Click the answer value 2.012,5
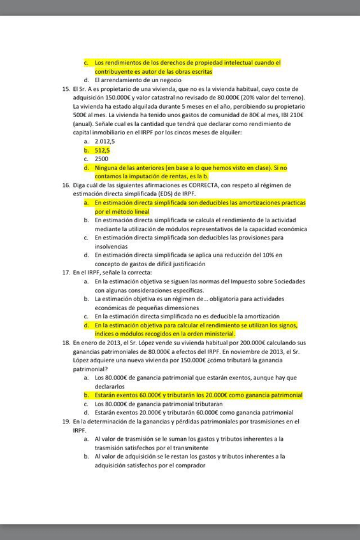(x=105, y=141)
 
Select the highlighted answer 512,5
(x=103, y=150)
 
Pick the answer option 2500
(x=101, y=159)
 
